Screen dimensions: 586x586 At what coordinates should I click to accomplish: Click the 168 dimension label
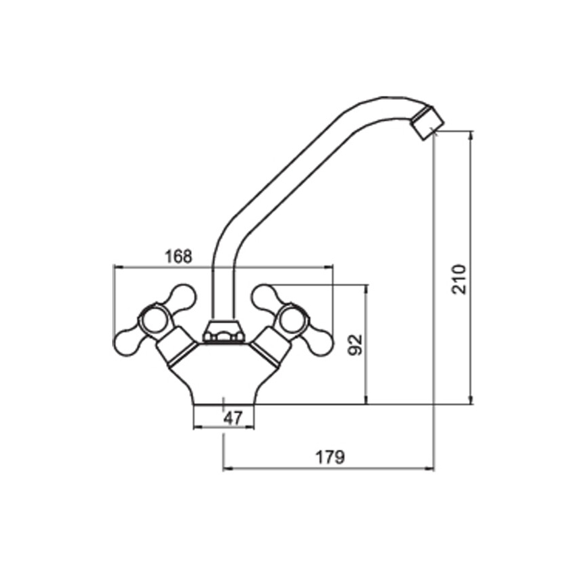click(179, 257)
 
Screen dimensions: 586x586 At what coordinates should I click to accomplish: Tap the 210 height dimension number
click(459, 279)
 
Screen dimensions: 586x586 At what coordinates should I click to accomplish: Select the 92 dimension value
click(355, 345)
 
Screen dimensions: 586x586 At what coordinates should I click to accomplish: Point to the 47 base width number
click(233, 418)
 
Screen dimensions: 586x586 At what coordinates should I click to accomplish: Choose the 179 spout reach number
click(330, 456)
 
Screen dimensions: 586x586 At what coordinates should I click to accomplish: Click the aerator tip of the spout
click(427, 123)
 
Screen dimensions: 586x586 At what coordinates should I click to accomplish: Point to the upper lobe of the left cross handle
click(182, 297)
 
